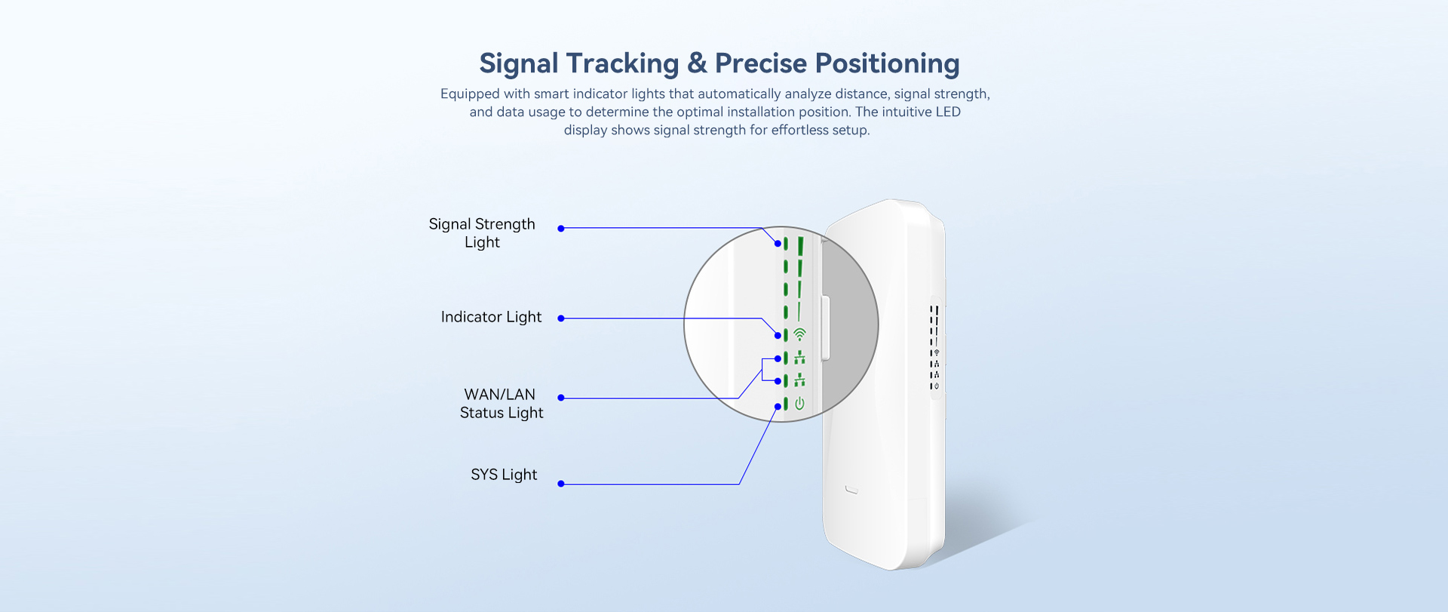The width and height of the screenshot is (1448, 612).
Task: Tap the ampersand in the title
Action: point(697,63)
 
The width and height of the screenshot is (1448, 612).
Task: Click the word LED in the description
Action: point(948,112)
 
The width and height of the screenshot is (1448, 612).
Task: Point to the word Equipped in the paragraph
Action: point(470,94)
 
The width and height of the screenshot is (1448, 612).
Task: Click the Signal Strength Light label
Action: point(482,233)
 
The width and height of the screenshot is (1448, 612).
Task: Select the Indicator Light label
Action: point(491,317)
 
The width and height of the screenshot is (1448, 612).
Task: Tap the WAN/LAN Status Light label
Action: point(501,404)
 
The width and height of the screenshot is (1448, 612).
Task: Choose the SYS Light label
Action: point(504,475)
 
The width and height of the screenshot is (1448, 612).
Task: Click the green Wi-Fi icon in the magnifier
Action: point(800,334)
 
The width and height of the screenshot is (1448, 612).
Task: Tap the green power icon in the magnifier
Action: point(799,404)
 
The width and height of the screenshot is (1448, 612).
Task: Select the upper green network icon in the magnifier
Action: point(799,358)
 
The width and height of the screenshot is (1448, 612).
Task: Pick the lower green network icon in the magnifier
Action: point(799,380)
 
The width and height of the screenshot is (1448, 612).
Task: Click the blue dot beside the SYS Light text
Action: point(561,484)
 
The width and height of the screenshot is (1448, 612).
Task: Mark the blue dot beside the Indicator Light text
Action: point(561,318)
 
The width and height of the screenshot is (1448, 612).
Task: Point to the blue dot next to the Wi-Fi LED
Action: point(778,335)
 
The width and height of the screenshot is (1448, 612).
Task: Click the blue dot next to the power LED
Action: point(778,407)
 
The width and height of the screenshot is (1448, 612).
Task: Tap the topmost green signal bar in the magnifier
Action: point(800,246)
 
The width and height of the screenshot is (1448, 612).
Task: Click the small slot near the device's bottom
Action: point(851,491)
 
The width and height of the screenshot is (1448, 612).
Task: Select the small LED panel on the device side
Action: point(935,348)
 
